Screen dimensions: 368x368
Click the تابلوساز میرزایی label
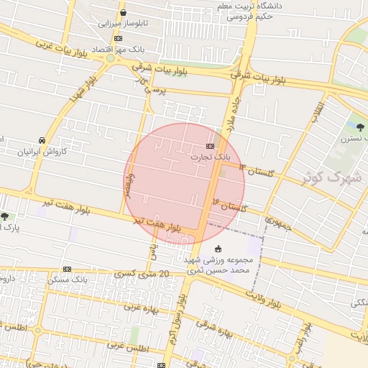pyautogui.click(x=122, y=23)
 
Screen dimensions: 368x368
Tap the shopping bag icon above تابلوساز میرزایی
pyautogui.click(x=123, y=12)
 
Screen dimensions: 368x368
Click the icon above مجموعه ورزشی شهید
pyautogui.click(x=218, y=249)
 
